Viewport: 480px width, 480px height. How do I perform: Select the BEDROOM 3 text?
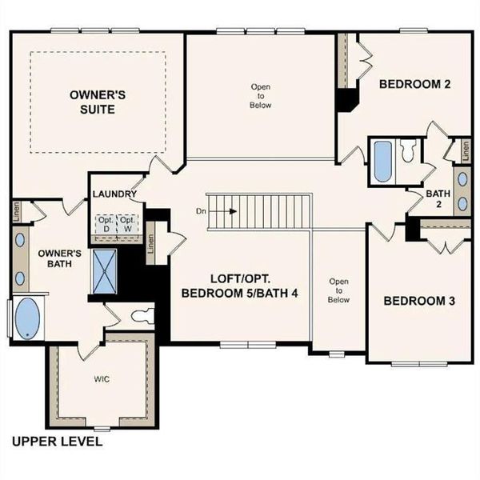point(418,301)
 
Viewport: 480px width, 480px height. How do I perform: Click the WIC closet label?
point(99,379)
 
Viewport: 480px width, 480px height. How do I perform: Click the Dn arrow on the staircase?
point(225,212)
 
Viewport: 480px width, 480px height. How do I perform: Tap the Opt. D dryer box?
point(106,224)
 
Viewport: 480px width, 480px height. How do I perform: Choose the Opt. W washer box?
point(126,224)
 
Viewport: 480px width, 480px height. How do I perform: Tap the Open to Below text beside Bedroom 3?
point(339,290)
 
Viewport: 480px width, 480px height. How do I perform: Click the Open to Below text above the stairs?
point(261,95)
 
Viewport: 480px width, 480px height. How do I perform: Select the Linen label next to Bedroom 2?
point(461,149)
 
